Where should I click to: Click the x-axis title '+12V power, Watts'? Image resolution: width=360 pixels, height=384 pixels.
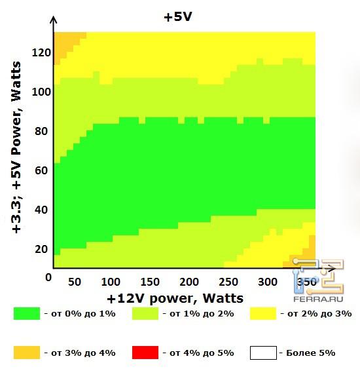click(175, 299)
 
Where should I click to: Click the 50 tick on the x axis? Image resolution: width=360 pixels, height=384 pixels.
click(74, 282)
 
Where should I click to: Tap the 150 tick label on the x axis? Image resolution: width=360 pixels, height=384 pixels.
click(151, 282)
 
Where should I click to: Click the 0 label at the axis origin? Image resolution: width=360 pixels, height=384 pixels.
click(48, 278)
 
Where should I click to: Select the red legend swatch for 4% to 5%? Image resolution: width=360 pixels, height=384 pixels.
click(145, 353)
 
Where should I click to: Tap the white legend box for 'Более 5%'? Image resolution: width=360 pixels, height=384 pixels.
click(263, 353)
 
